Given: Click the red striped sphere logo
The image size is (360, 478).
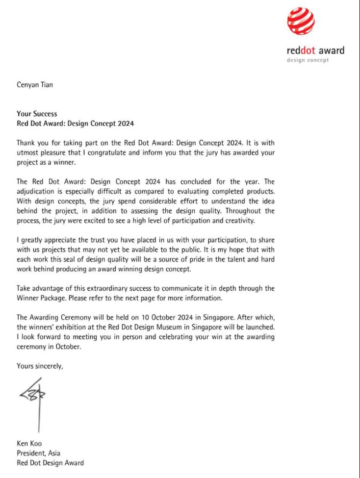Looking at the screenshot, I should coord(301,23).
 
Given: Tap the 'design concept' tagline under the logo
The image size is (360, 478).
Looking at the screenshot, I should coord(308,60).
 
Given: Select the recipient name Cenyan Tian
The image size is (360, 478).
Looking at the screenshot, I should coord(35,85).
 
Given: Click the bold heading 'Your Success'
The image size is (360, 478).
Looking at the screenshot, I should coord(37,114).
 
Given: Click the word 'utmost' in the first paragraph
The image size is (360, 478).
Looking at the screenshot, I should coord(27,152).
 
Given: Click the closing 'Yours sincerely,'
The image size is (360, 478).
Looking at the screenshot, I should coord(40,365).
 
